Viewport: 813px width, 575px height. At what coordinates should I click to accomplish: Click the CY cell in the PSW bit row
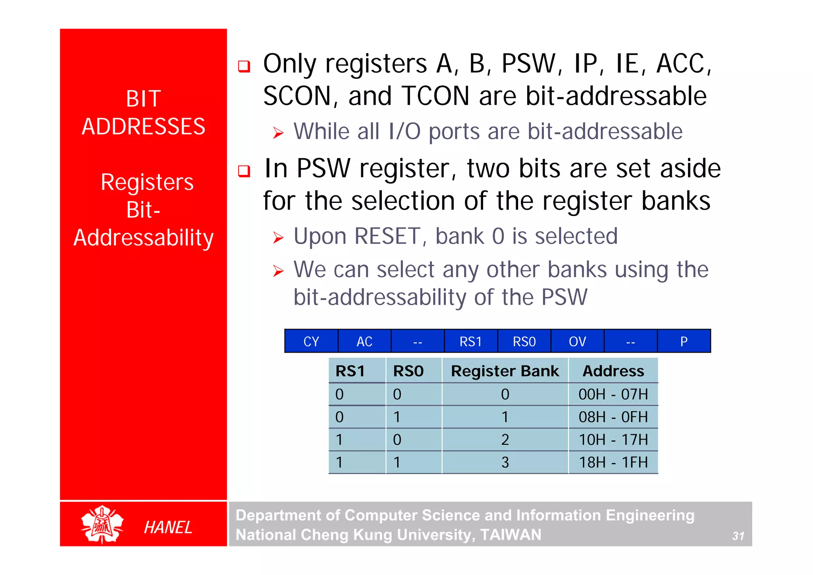(x=311, y=341)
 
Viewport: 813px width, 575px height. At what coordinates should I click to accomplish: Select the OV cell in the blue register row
(x=577, y=341)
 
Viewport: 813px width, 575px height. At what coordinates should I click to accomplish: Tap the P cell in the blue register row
(x=684, y=341)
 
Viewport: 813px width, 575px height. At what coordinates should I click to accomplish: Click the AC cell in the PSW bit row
(x=364, y=341)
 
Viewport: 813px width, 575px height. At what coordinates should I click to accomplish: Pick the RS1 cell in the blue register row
(x=471, y=341)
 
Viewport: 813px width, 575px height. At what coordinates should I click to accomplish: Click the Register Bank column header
(x=505, y=371)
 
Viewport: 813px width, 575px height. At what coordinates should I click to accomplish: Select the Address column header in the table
(x=613, y=371)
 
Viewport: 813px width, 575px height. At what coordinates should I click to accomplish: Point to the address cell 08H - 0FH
(x=613, y=417)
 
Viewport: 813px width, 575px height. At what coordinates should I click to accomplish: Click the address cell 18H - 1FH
(x=613, y=462)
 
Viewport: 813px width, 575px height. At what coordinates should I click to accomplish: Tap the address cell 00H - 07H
(x=613, y=394)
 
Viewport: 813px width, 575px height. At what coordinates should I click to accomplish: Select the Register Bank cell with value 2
(x=505, y=440)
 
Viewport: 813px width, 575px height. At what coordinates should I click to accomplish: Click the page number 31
(x=738, y=536)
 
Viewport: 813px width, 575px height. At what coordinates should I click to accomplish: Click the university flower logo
(x=102, y=524)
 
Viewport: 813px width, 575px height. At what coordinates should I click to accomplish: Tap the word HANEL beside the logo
(x=168, y=527)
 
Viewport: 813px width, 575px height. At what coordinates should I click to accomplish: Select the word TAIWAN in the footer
(x=511, y=534)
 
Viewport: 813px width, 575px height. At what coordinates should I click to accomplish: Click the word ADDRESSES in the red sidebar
(x=143, y=126)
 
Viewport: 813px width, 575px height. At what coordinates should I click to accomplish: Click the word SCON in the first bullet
(x=297, y=96)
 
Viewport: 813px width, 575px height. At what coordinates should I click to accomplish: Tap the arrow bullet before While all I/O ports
(x=278, y=133)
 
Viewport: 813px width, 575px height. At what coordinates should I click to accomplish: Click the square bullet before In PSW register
(x=244, y=171)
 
